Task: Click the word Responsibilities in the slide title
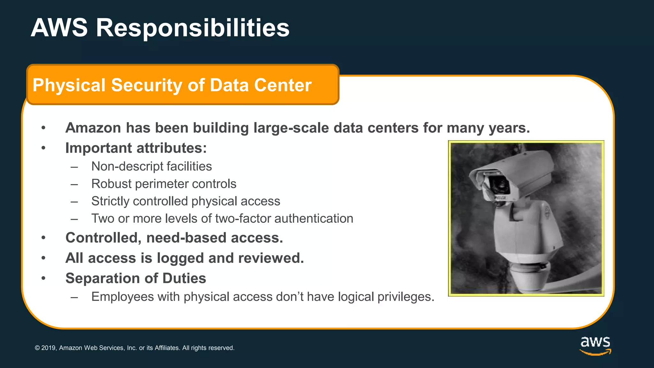(193, 28)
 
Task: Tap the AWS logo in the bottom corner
(595, 345)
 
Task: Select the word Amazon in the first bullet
(93, 128)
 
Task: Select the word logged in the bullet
(179, 258)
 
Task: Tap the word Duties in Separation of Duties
(184, 278)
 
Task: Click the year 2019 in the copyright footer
(49, 348)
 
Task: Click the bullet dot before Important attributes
(43, 148)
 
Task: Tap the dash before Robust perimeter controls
(74, 184)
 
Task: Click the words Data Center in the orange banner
(261, 85)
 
